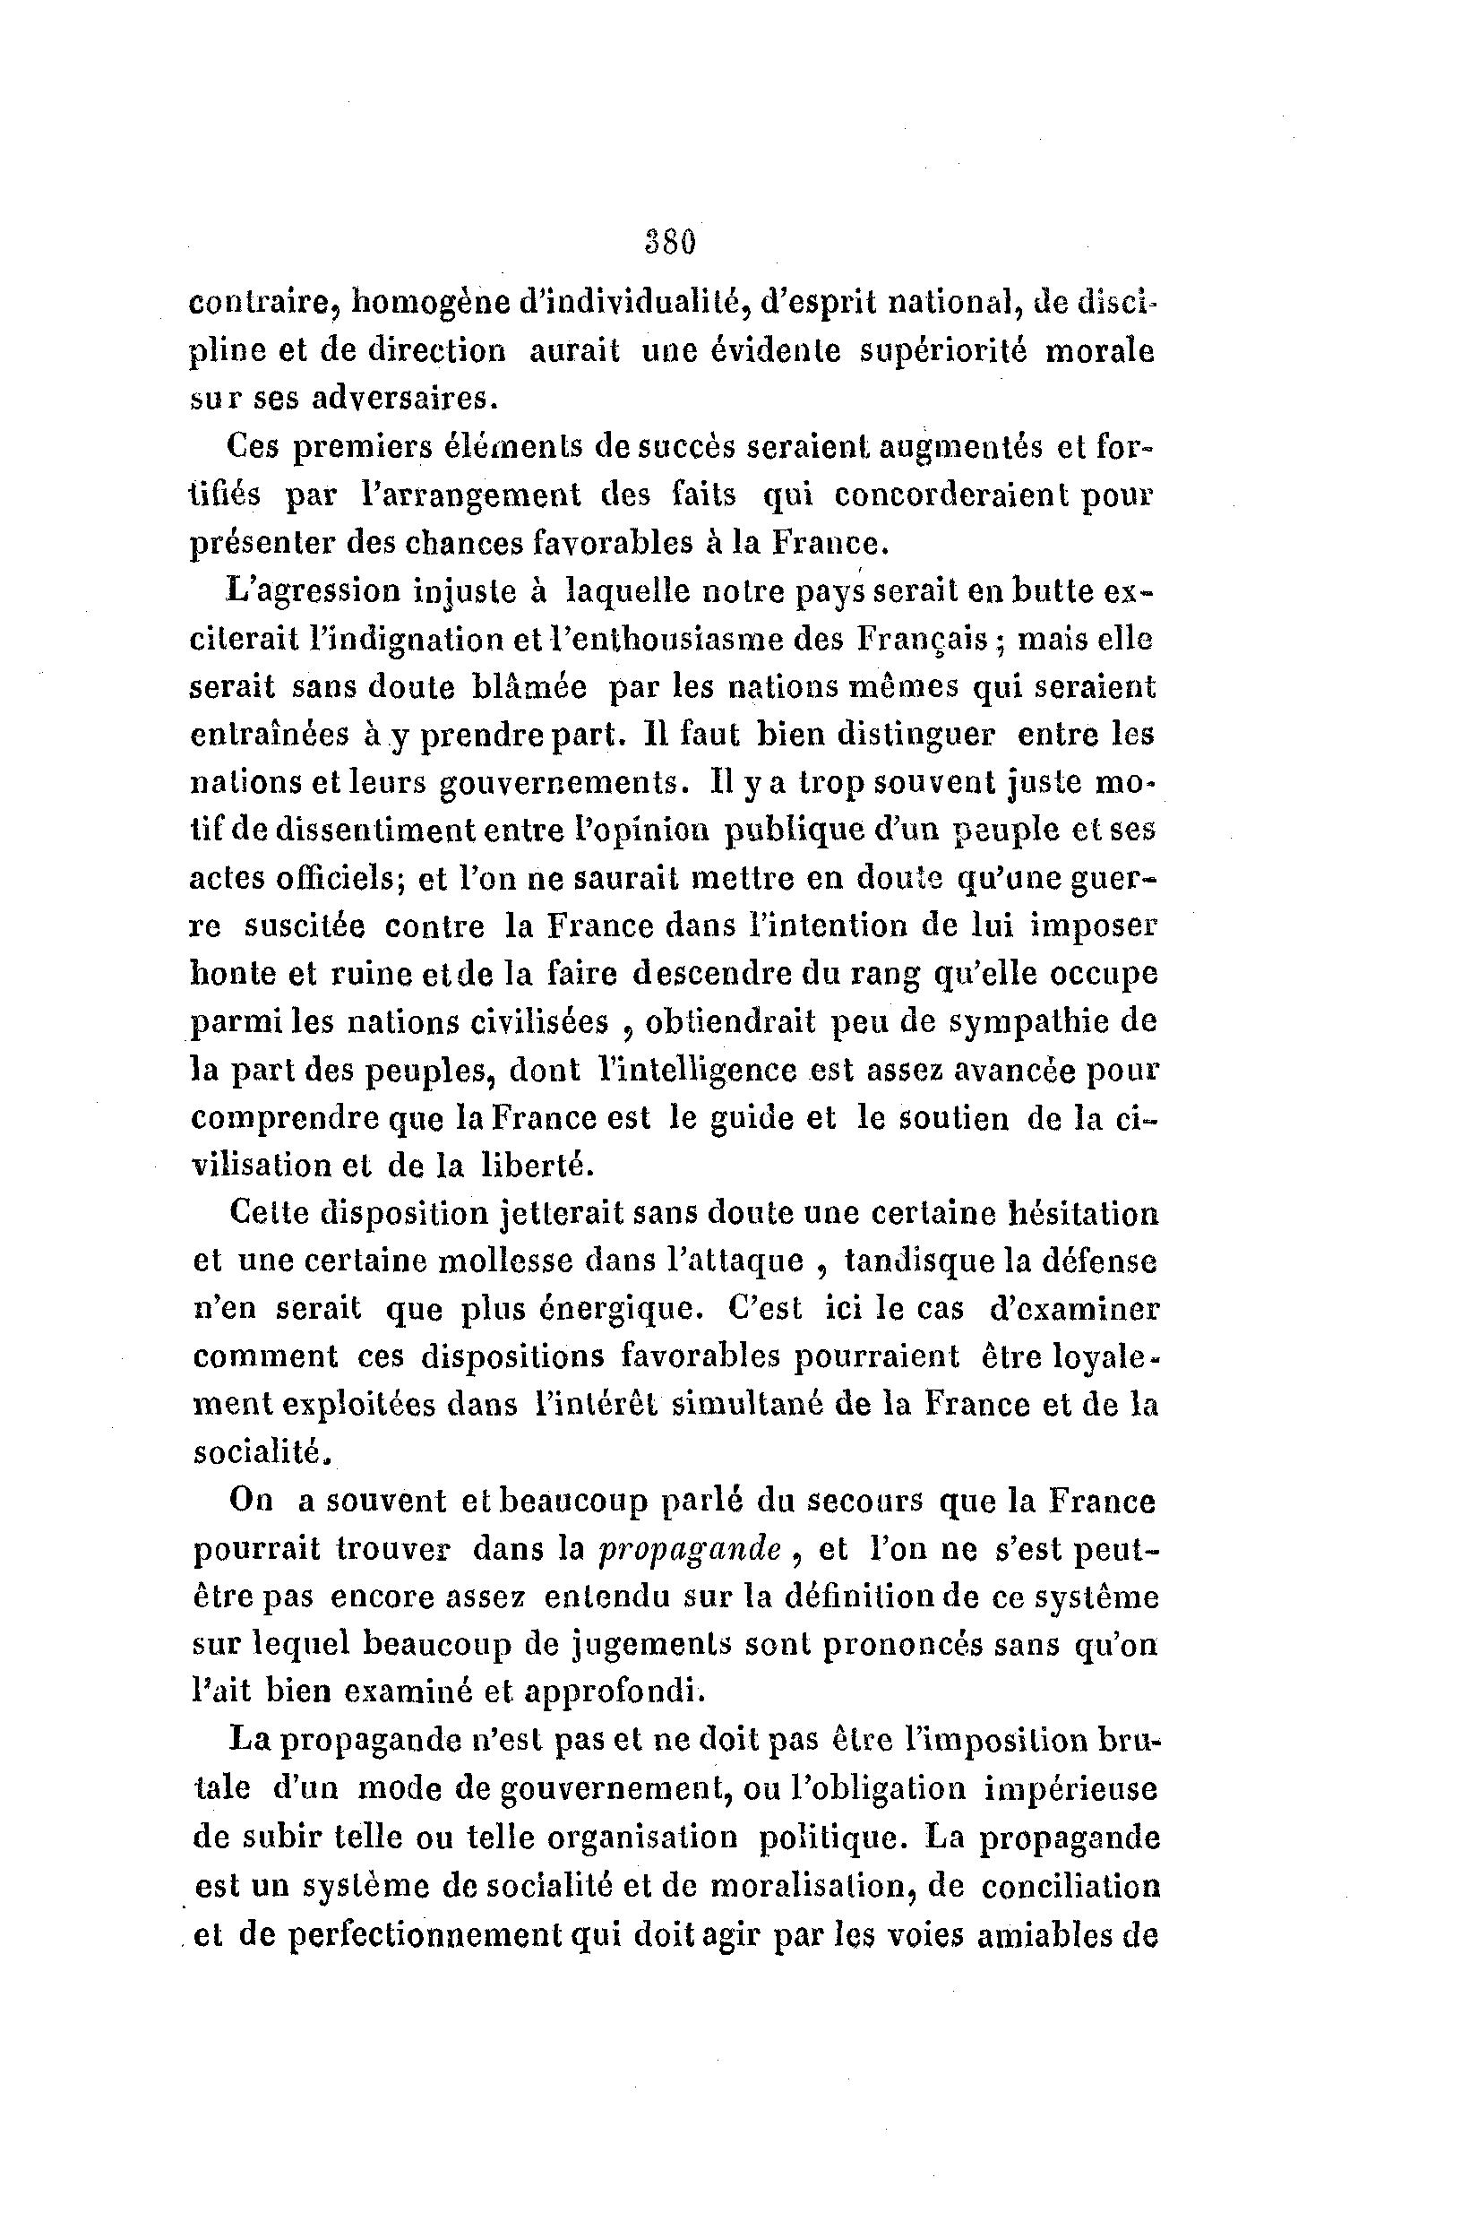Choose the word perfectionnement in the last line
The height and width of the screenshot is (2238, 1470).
coord(428,1934)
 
